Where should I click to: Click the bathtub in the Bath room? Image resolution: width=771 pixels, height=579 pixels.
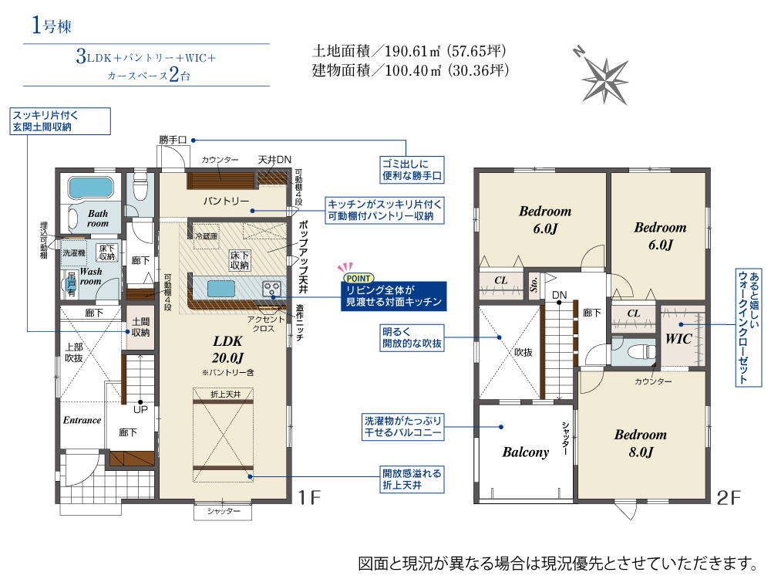click(91, 188)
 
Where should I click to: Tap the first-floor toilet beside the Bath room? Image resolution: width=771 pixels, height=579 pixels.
click(140, 187)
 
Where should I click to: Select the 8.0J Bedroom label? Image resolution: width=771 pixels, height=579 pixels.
click(641, 443)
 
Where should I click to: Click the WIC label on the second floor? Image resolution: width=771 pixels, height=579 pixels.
click(678, 339)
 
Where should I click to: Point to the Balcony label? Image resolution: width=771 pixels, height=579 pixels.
click(525, 452)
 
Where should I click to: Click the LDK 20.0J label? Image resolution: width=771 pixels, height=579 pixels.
click(227, 349)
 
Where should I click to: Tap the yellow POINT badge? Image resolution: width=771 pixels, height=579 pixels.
click(359, 278)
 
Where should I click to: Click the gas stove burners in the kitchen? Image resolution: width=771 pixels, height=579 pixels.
click(271, 289)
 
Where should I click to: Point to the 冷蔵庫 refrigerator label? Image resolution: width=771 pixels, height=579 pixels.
click(207, 236)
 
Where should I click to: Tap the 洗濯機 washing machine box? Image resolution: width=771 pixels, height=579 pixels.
click(74, 253)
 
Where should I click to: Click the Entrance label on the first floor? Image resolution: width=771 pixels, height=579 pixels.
click(82, 420)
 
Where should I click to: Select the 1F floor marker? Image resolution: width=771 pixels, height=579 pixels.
click(310, 498)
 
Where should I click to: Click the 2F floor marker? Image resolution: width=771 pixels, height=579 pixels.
click(729, 498)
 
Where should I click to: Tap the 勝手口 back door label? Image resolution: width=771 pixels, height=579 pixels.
click(173, 140)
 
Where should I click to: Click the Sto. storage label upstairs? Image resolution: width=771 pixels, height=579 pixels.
click(534, 284)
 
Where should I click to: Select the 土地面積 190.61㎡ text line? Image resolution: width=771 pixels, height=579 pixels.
click(409, 51)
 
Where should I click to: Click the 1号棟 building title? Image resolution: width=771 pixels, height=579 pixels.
click(52, 25)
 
